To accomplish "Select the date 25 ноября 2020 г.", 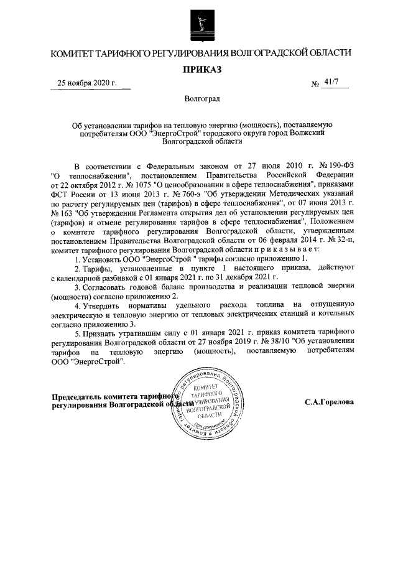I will click(x=86, y=83).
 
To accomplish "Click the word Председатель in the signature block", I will click(x=79, y=398).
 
